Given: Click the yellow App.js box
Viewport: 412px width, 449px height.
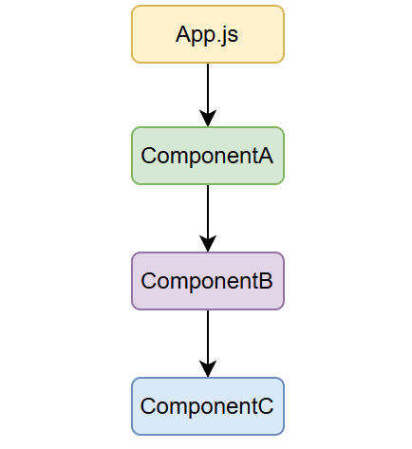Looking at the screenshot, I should [x=207, y=34].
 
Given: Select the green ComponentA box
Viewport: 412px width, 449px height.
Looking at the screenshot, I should [x=207, y=156].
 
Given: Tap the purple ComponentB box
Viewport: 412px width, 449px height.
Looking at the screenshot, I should [x=207, y=281].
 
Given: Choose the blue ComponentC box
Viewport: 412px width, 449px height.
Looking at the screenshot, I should [x=207, y=406].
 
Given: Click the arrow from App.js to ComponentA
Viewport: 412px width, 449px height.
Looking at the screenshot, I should [x=207, y=90].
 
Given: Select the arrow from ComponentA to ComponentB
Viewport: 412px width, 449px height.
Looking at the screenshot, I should [x=207, y=214].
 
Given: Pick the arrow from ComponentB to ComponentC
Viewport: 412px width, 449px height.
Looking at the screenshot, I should [x=207, y=339].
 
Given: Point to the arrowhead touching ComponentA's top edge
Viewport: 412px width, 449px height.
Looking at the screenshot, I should [x=207, y=119].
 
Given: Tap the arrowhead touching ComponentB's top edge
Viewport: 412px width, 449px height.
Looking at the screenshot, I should [x=207, y=244].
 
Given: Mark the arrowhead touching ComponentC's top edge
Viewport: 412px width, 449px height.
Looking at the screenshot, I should [x=207, y=369].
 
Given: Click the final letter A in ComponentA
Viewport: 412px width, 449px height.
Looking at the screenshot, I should [x=265, y=156].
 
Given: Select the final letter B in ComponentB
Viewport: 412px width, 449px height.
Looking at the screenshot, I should [x=265, y=281].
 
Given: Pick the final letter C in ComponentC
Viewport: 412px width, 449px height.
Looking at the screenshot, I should [x=265, y=406].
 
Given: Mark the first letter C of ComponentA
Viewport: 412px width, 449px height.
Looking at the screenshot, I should [x=149, y=156].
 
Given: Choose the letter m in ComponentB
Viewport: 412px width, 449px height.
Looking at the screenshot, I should [x=178, y=282].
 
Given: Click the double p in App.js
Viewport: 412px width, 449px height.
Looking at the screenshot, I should [x=203, y=37].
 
